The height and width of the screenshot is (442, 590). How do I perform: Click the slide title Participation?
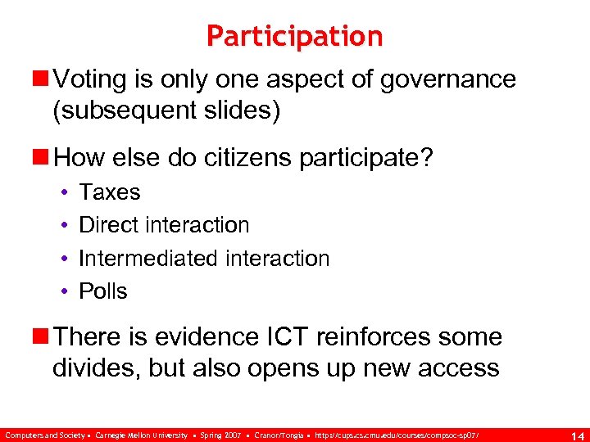pos(294,36)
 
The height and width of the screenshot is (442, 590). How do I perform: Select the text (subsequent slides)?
pos(166,110)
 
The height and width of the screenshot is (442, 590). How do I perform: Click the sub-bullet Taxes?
pos(109,192)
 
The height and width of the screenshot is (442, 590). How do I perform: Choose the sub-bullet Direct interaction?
pos(164,225)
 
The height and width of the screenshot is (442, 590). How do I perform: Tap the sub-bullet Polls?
pos(103,291)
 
